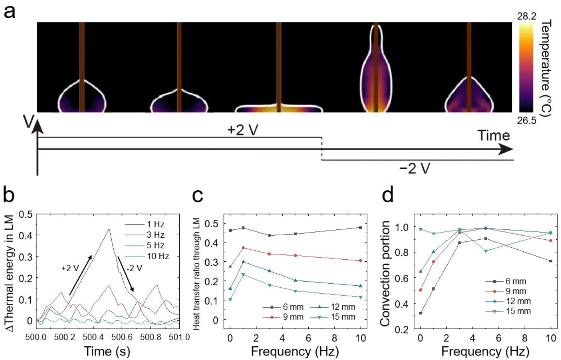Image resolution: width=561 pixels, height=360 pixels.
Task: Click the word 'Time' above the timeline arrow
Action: pos(493,136)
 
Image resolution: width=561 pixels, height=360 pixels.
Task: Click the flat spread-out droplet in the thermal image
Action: pos(279,108)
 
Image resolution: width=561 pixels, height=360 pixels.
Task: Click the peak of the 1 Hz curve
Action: pos(108,229)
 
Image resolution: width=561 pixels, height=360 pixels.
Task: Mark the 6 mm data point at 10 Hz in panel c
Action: pos(361,227)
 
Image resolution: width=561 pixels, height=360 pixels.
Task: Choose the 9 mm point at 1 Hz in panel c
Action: pos(243,248)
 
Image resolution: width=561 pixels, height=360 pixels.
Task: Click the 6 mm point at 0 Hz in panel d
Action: pos(421,313)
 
